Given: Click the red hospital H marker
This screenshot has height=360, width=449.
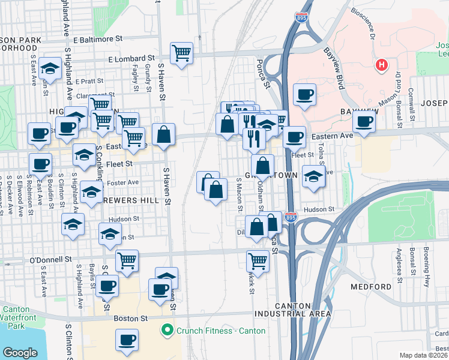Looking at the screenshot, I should coord(381,64).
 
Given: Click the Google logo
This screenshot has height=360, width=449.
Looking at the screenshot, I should coord(20,353).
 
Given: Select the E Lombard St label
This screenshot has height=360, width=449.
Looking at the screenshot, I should coord(131,59).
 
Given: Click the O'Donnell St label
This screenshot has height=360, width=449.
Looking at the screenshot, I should coord(50,260).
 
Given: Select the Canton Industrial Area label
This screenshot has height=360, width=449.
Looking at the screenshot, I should coord(303,310).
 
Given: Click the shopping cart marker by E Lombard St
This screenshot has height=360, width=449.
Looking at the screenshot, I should coord(181,52).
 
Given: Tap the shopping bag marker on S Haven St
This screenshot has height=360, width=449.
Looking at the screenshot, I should coord(163,134).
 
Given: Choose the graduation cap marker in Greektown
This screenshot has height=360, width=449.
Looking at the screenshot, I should coord(313,176).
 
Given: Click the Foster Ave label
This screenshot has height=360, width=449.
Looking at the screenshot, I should coord(124,182).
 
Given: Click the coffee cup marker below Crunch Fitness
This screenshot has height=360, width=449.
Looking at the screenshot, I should coord(127,340).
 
